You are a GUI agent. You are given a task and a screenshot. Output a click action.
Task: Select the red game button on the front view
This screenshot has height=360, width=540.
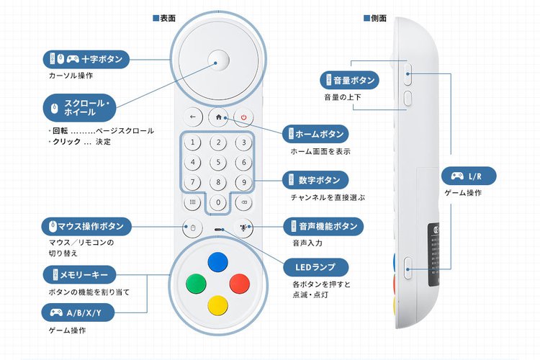(239, 283)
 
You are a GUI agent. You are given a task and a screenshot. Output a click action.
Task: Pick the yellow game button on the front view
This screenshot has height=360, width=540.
(217, 305)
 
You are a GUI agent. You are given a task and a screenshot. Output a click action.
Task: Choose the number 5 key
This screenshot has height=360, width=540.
(218, 162)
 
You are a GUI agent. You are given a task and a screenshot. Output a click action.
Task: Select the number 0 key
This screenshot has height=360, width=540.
(218, 202)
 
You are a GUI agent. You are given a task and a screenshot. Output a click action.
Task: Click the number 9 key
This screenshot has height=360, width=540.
(244, 182)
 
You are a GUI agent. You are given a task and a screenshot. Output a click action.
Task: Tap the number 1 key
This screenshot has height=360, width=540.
(192, 142)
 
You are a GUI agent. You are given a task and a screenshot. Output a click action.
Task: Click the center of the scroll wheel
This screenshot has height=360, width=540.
(218, 59)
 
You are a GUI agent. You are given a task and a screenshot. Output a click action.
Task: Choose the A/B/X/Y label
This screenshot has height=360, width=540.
(81, 313)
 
